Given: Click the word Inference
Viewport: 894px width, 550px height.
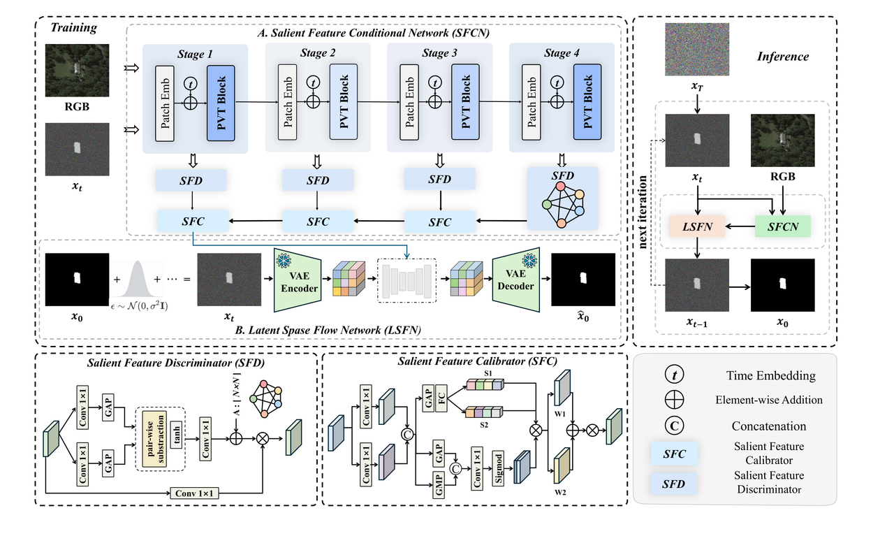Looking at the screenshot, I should point(783,56).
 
